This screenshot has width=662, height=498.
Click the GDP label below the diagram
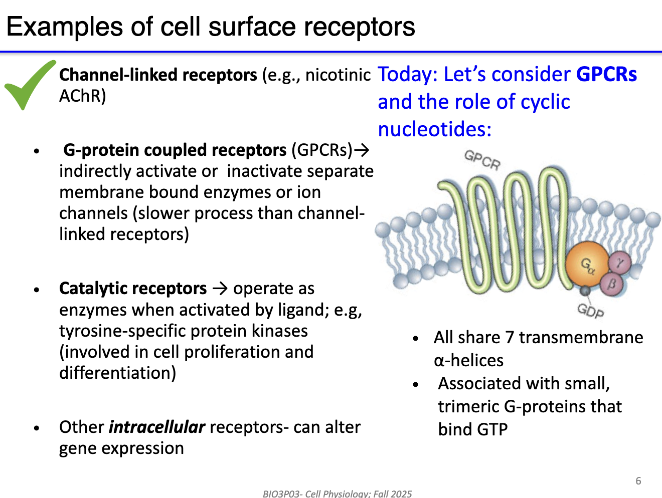tap(590, 311)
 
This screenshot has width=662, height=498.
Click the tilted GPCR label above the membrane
tap(482, 160)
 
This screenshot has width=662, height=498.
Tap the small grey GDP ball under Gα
tap(585, 291)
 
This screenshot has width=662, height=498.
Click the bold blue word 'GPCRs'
tap(606, 74)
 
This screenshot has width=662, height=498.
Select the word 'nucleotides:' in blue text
tap(434, 129)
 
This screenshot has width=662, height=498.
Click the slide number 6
tap(638, 481)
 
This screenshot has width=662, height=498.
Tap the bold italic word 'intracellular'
tap(157, 427)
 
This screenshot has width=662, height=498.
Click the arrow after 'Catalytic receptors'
tap(220, 289)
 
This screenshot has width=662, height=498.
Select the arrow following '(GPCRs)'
tap(362, 150)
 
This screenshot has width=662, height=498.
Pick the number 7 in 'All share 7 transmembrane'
tap(509, 338)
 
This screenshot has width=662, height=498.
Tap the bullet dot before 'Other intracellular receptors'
tap(37, 428)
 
